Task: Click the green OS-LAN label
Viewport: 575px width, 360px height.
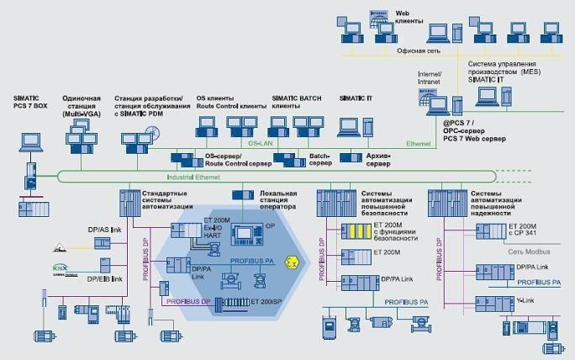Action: [x=256, y=144]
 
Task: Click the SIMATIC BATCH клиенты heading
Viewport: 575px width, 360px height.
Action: [x=298, y=103]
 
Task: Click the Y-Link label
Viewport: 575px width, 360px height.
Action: [x=525, y=299]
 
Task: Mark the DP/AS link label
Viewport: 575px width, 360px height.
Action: [x=105, y=230]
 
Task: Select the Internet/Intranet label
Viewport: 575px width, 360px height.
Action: [x=435, y=78]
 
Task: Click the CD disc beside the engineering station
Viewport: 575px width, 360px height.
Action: [x=152, y=133]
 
